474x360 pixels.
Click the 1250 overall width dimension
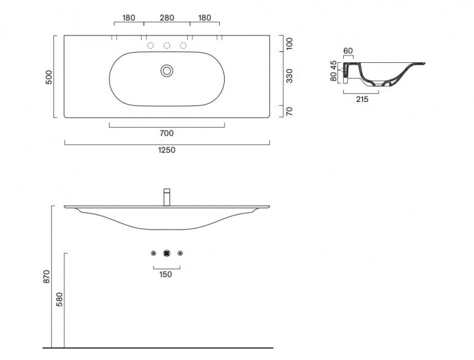pos(167,150)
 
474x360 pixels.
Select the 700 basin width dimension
pos(166,133)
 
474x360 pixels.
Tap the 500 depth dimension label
pos(49,77)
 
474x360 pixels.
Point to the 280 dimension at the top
pos(167,18)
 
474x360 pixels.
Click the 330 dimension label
pos(289,76)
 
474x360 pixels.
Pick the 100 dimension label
pos(289,44)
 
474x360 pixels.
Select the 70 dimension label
pos(289,111)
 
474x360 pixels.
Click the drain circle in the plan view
pos(167,71)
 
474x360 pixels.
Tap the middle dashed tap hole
pos(167,46)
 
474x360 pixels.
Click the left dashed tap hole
pos(150,46)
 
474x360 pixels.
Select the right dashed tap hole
pos(183,46)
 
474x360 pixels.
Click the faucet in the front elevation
pos(167,197)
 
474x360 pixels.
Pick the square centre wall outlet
pos(167,253)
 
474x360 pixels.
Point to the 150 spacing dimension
pos(165,275)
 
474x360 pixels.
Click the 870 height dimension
pos(47,276)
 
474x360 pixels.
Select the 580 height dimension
pos(60,299)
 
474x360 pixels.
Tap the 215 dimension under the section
pos(362,99)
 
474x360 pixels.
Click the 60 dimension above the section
pos(348,51)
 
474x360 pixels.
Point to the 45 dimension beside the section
pos(334,65)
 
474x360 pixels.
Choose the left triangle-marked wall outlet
pos(153,253)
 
